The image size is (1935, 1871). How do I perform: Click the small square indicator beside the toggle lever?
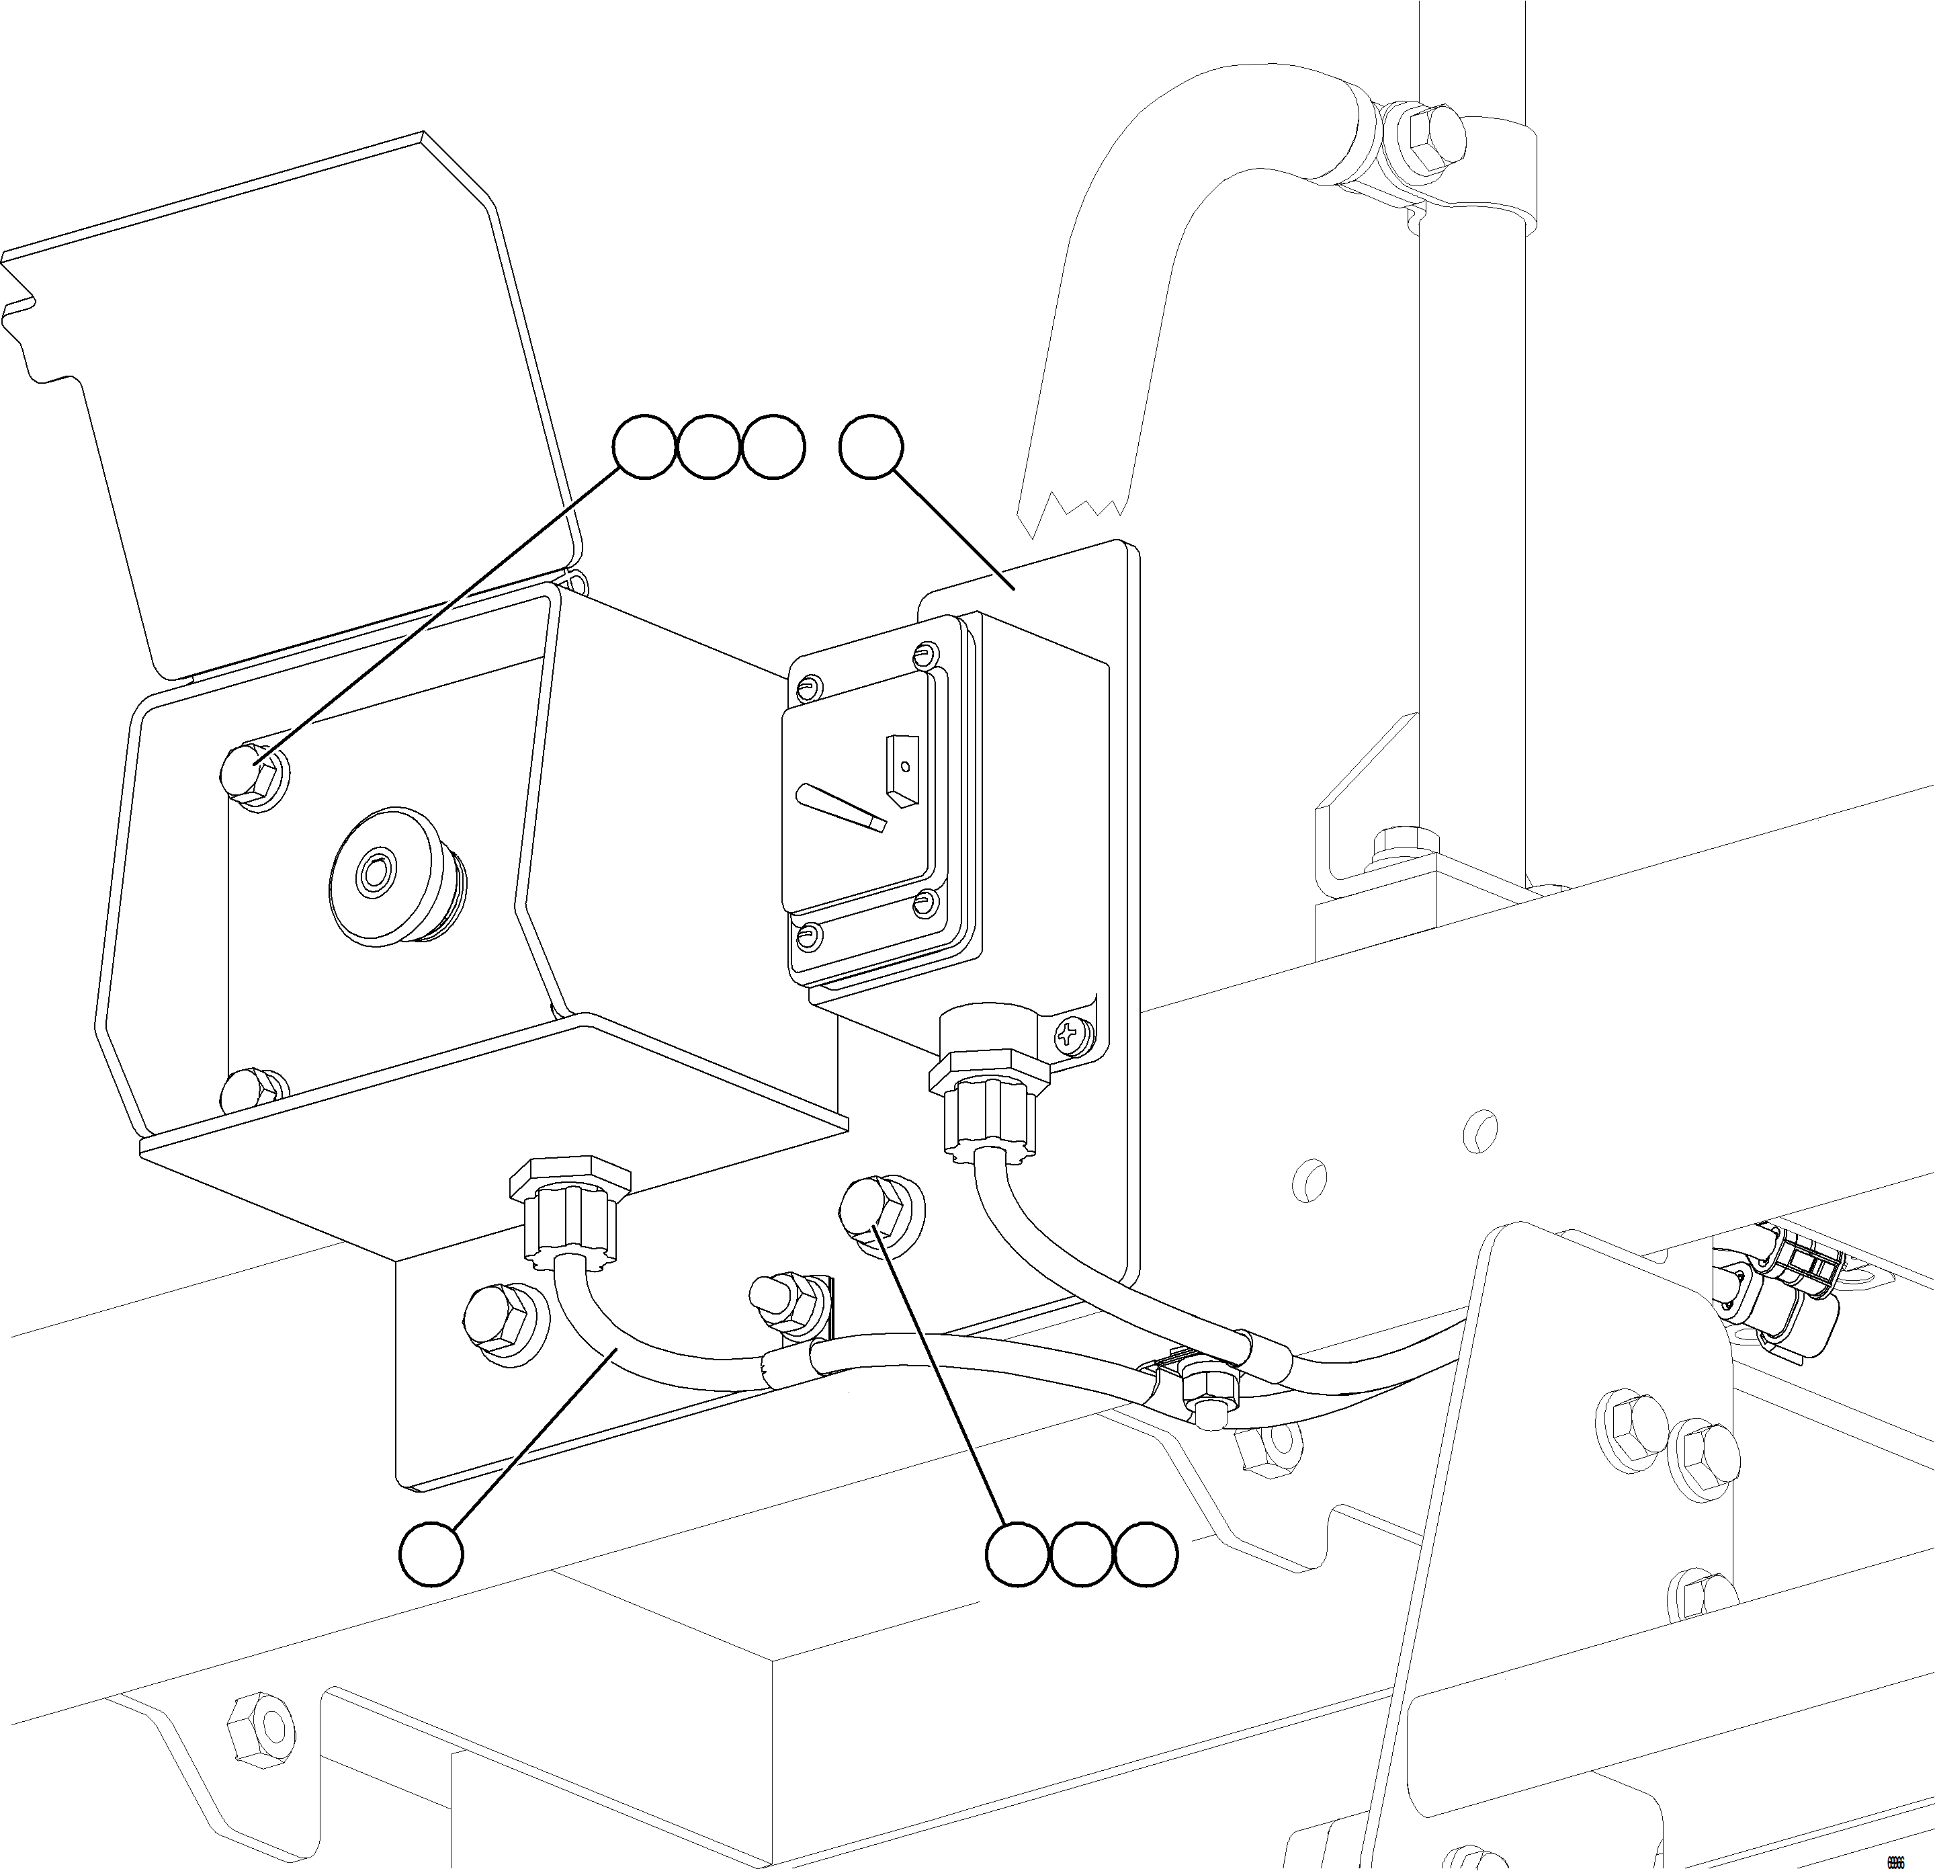click(902, 769)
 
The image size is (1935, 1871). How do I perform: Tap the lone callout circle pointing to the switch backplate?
click(871, 448)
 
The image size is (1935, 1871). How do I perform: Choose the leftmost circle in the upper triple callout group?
click(645, 448)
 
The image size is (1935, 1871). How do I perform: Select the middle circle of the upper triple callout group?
click(708, 448)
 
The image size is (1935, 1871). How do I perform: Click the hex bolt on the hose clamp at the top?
click(1424, 137)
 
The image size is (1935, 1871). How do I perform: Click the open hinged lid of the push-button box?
click(296, 415)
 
